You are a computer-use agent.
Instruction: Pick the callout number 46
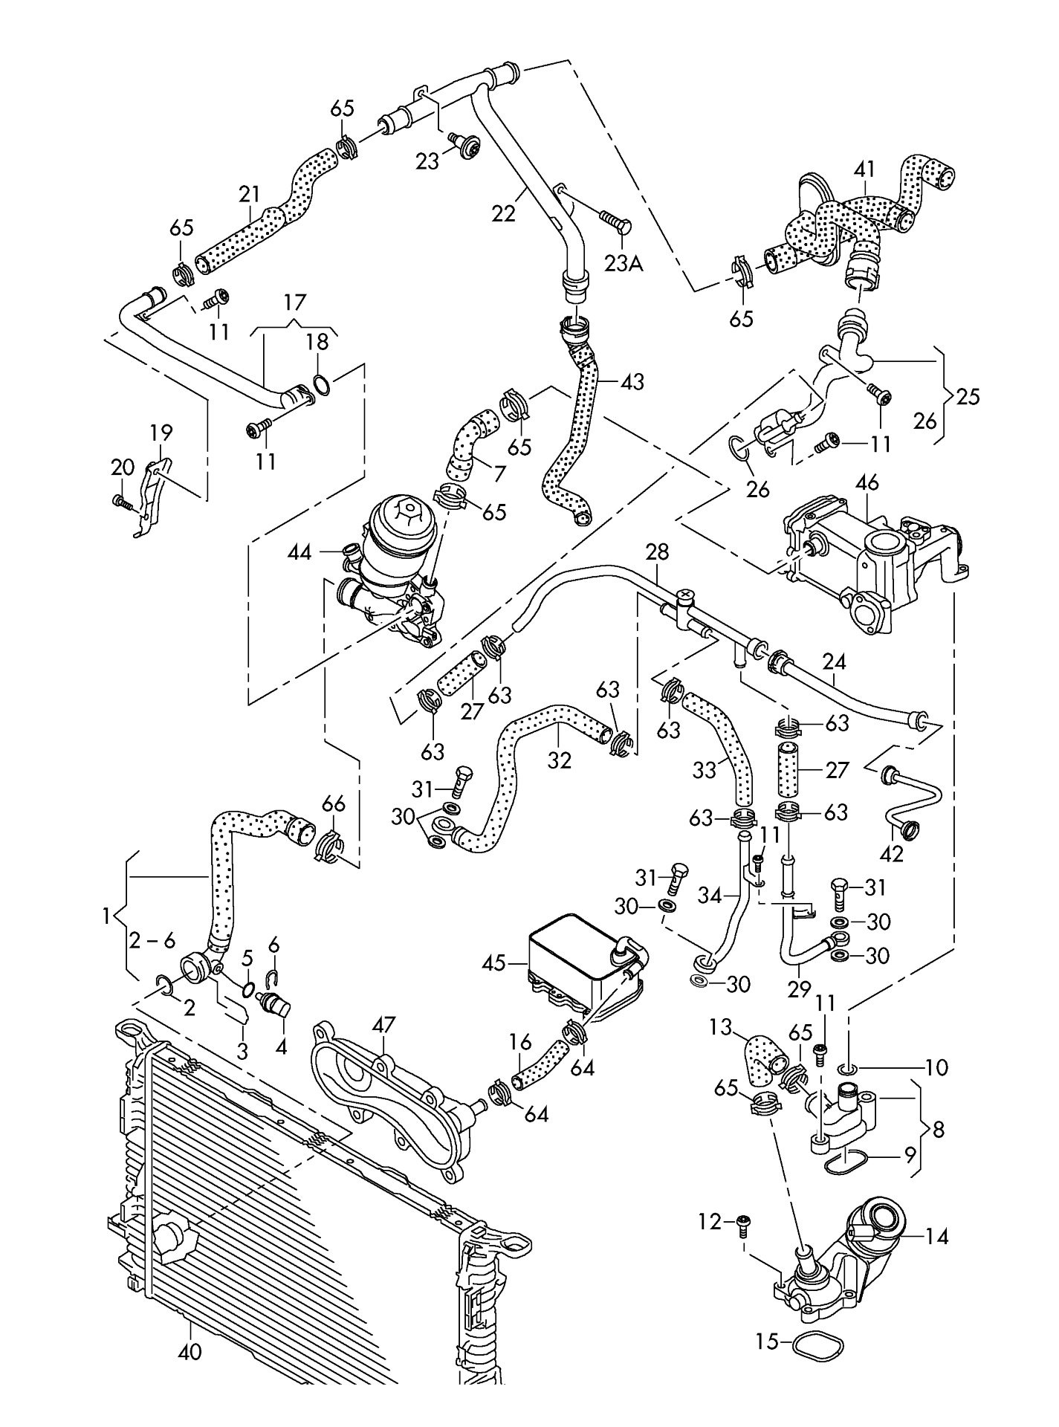867,482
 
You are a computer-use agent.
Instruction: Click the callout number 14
937,1237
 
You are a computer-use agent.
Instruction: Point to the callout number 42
891,854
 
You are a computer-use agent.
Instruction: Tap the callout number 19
161,433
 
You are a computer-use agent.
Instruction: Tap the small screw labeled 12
742,1223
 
